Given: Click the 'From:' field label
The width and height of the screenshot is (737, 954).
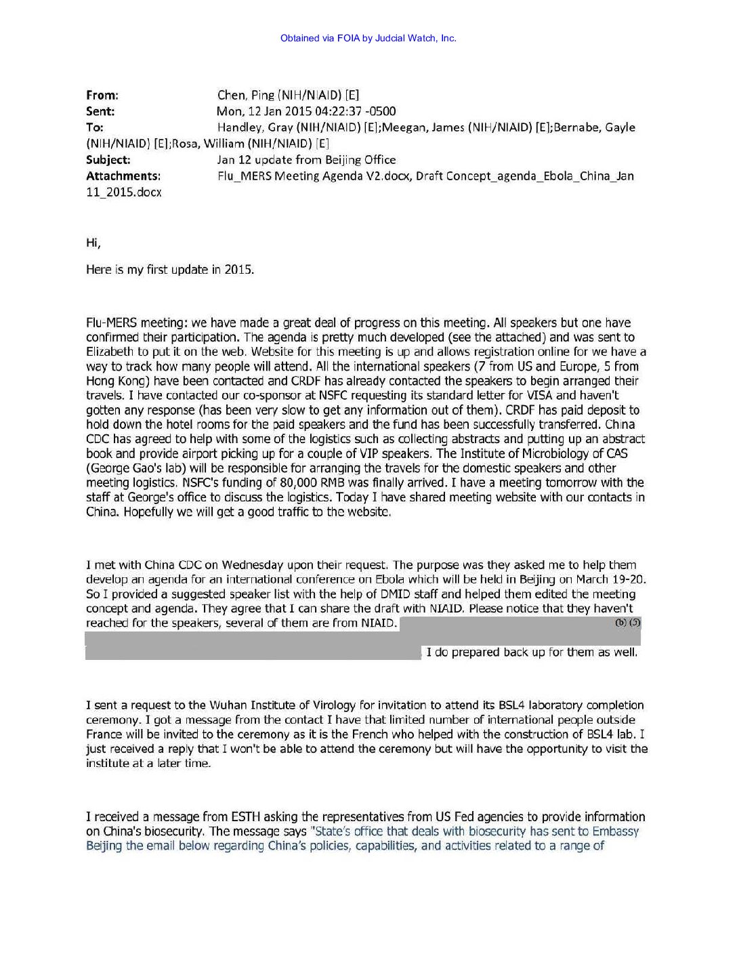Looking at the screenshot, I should click(102, 96).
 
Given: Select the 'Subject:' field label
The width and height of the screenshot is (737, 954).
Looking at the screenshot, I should click(108, 160).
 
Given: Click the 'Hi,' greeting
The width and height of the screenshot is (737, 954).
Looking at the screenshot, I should click(93, 243).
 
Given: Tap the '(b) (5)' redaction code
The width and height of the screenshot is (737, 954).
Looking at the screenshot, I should click(627, 622).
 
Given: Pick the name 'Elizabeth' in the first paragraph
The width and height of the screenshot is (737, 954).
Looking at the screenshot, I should click(111, 352).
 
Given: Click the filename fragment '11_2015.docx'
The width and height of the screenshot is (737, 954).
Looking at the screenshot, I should click(124, 192).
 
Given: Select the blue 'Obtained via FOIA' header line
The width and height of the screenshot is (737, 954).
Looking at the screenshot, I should click(368, 39).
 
